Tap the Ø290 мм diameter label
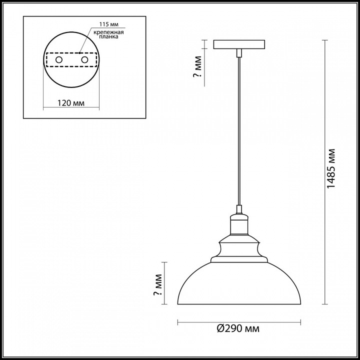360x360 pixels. pyautogui.click(x=238, y=329)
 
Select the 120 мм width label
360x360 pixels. pyautogui.click(x=70, y=103)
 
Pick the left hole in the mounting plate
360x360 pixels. pyautogui.click(x=58, y=60)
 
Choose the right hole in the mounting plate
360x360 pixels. pyautogui.click(x=84, y=60)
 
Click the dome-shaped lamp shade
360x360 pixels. pyautogui.click(x=239, y=285)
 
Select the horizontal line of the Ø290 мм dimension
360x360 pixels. pyautogui.click(x=210, y=320)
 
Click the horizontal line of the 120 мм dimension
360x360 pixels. pyautogui.click(x=70, y=108)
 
